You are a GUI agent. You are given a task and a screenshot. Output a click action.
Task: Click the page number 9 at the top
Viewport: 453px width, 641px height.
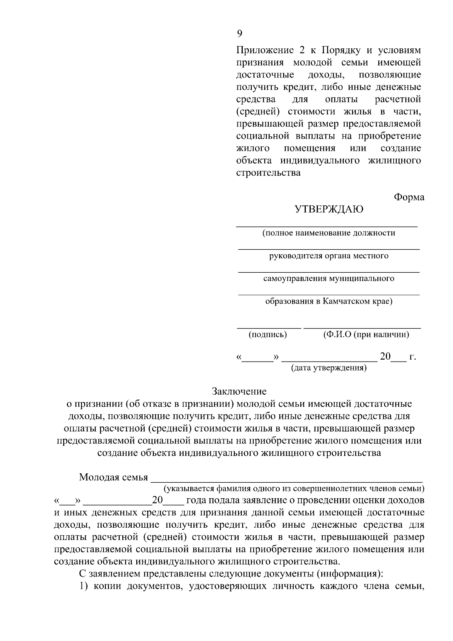[x=239, y=34]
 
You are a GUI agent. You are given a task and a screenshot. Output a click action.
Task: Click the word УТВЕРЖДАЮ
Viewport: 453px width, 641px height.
[x=329, y=209]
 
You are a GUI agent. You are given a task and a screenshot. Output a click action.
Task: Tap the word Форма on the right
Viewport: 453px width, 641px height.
[x=409, y=197]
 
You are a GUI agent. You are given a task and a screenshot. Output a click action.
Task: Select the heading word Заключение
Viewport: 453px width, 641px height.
[x=239, y=391]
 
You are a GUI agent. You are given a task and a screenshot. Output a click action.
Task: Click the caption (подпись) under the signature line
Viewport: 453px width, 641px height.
[x=268, y=334]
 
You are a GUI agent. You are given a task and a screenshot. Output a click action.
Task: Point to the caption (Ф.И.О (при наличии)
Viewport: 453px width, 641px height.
[x=366, y=334]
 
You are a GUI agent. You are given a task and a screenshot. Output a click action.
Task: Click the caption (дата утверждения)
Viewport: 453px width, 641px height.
[x=329, y=368]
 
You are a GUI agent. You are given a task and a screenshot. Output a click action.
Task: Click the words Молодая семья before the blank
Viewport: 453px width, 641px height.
[x=113, y=477]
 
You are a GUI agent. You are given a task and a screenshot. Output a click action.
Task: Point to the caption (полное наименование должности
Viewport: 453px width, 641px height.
[x=329, y=233]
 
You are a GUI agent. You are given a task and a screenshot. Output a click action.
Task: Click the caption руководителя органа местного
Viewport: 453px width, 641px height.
[x=329, y=256]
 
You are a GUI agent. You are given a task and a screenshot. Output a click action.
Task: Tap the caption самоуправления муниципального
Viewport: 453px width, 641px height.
[x=329, y=278]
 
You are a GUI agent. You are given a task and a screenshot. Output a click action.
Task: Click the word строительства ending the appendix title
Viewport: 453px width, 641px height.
[x=268, y=173]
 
